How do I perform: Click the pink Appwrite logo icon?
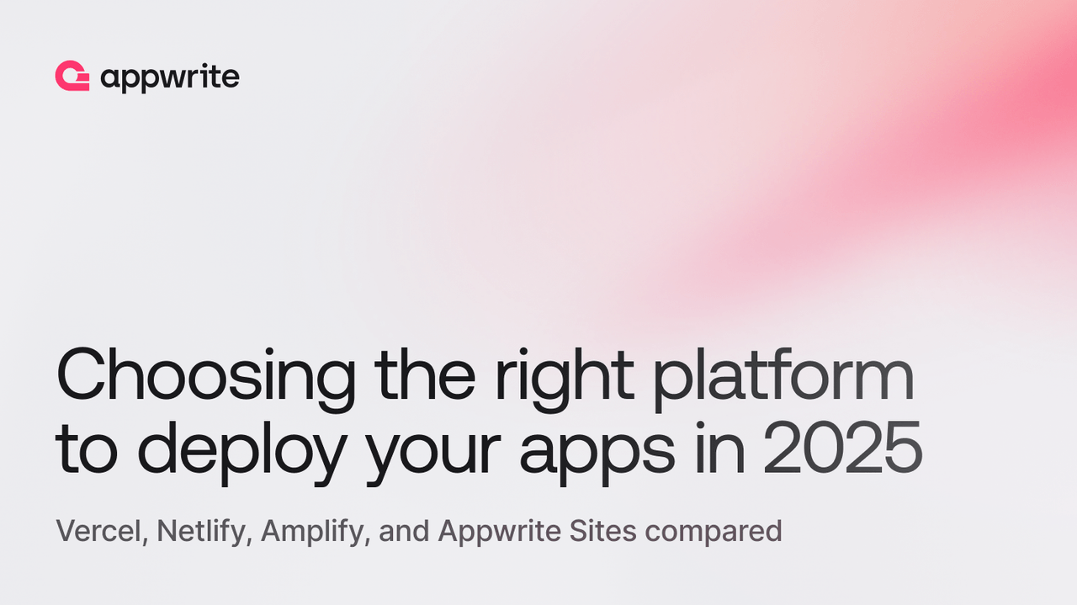[72, 77]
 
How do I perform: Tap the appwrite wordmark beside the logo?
[169, 78]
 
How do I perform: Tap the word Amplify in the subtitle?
[316, 532]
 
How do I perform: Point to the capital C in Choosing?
[84, 375]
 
